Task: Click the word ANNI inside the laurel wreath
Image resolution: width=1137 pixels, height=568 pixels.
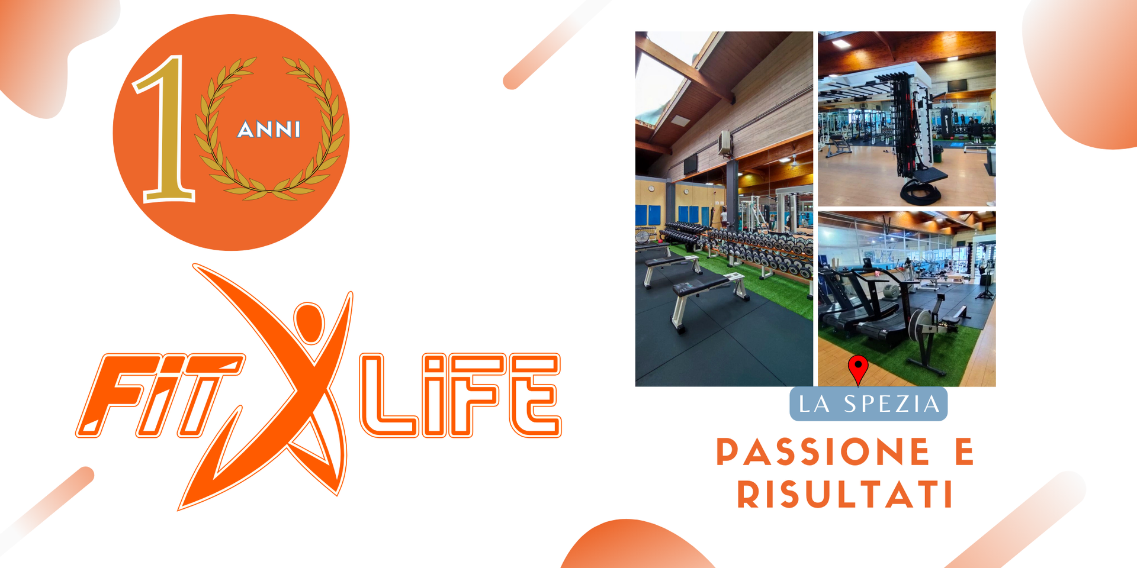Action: (269, 129)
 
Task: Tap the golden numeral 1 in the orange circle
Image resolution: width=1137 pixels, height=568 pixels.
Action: (165, 128)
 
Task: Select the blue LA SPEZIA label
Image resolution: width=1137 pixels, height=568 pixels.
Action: (869, 404)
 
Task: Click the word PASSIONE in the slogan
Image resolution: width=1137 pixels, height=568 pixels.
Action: (823, 452)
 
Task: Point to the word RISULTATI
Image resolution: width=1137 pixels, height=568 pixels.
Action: (845, 494)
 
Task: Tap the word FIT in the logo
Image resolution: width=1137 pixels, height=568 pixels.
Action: (160, 395)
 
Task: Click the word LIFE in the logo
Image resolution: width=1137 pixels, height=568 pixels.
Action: (461, 395)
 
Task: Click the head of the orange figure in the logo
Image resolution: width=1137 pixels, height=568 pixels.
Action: (309, 324)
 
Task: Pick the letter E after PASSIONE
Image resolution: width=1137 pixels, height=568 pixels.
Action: (965, 452)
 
